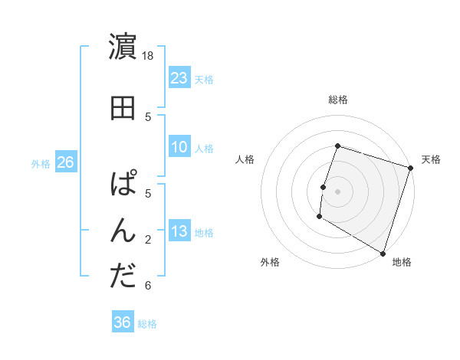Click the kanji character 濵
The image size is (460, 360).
click(x=123, y=47)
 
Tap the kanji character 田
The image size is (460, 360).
click(x=123, y=107)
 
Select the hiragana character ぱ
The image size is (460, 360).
click(x=123, y=184)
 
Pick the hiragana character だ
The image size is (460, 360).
click(x=123, y=276)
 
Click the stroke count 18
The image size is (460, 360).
click(x=149, y=56)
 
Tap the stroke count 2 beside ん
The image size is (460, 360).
click(x=148, y=240)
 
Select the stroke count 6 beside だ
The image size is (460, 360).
click(x=148, y=286)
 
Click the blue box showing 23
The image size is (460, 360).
click(x=179, y=78)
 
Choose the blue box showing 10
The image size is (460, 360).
click(x=179, y=147)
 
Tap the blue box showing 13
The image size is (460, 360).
click(x=179, y=232)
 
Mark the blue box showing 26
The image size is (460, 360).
click(x=65, y=162)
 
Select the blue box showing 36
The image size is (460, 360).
click(x=123, y=322)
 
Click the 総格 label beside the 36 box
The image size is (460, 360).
click(x=147, y=324)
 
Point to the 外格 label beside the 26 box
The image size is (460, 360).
click(x=41, y=163)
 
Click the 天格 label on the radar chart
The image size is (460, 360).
click(x=431, y=159)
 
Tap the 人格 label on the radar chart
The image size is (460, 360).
click(x=245, y=159)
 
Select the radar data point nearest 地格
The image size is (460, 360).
click(x=383, y=252)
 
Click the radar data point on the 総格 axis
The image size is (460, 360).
click(x=337, y=146)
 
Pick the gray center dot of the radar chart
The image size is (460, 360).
click(x=337, y=191)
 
